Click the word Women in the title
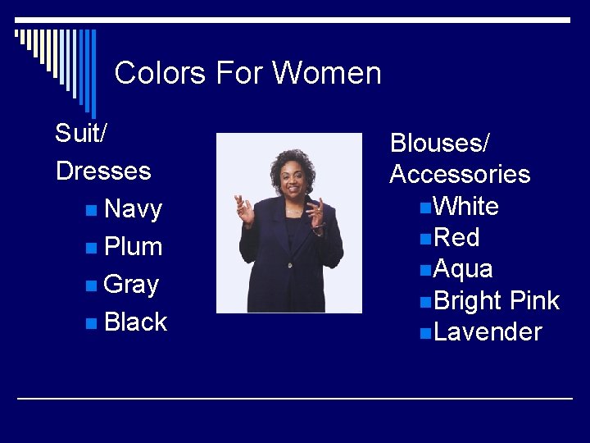pyautogui.click(x=327, y=73)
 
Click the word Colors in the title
pyautogui.click(x=161, y=73)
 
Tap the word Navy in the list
pyautogui.click(x=134, y=209)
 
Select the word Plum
pyautogui.click(x=134, y=247)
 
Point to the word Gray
pyautogui.click(x=132, y=285)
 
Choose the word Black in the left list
pyautogui.click(x=136, y=322)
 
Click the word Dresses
pyautogui.click(x=103, y=171)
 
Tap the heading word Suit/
pyautogui.click(x=80, y=133)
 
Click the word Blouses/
pyautogui.click(x=439, y=143)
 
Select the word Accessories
pyautogui.click(x=460, y=175)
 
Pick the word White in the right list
pyautogui.click(x=466, y=206)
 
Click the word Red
pyautogui.click(x=456, y=238)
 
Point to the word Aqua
pyautogui.click(x=463, y=269)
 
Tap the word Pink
pyautogui.click(x=534, y=301)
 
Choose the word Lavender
pyautogui.click(x=488, y=332)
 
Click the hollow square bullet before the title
pyautogui.click(x=19, y=34)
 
